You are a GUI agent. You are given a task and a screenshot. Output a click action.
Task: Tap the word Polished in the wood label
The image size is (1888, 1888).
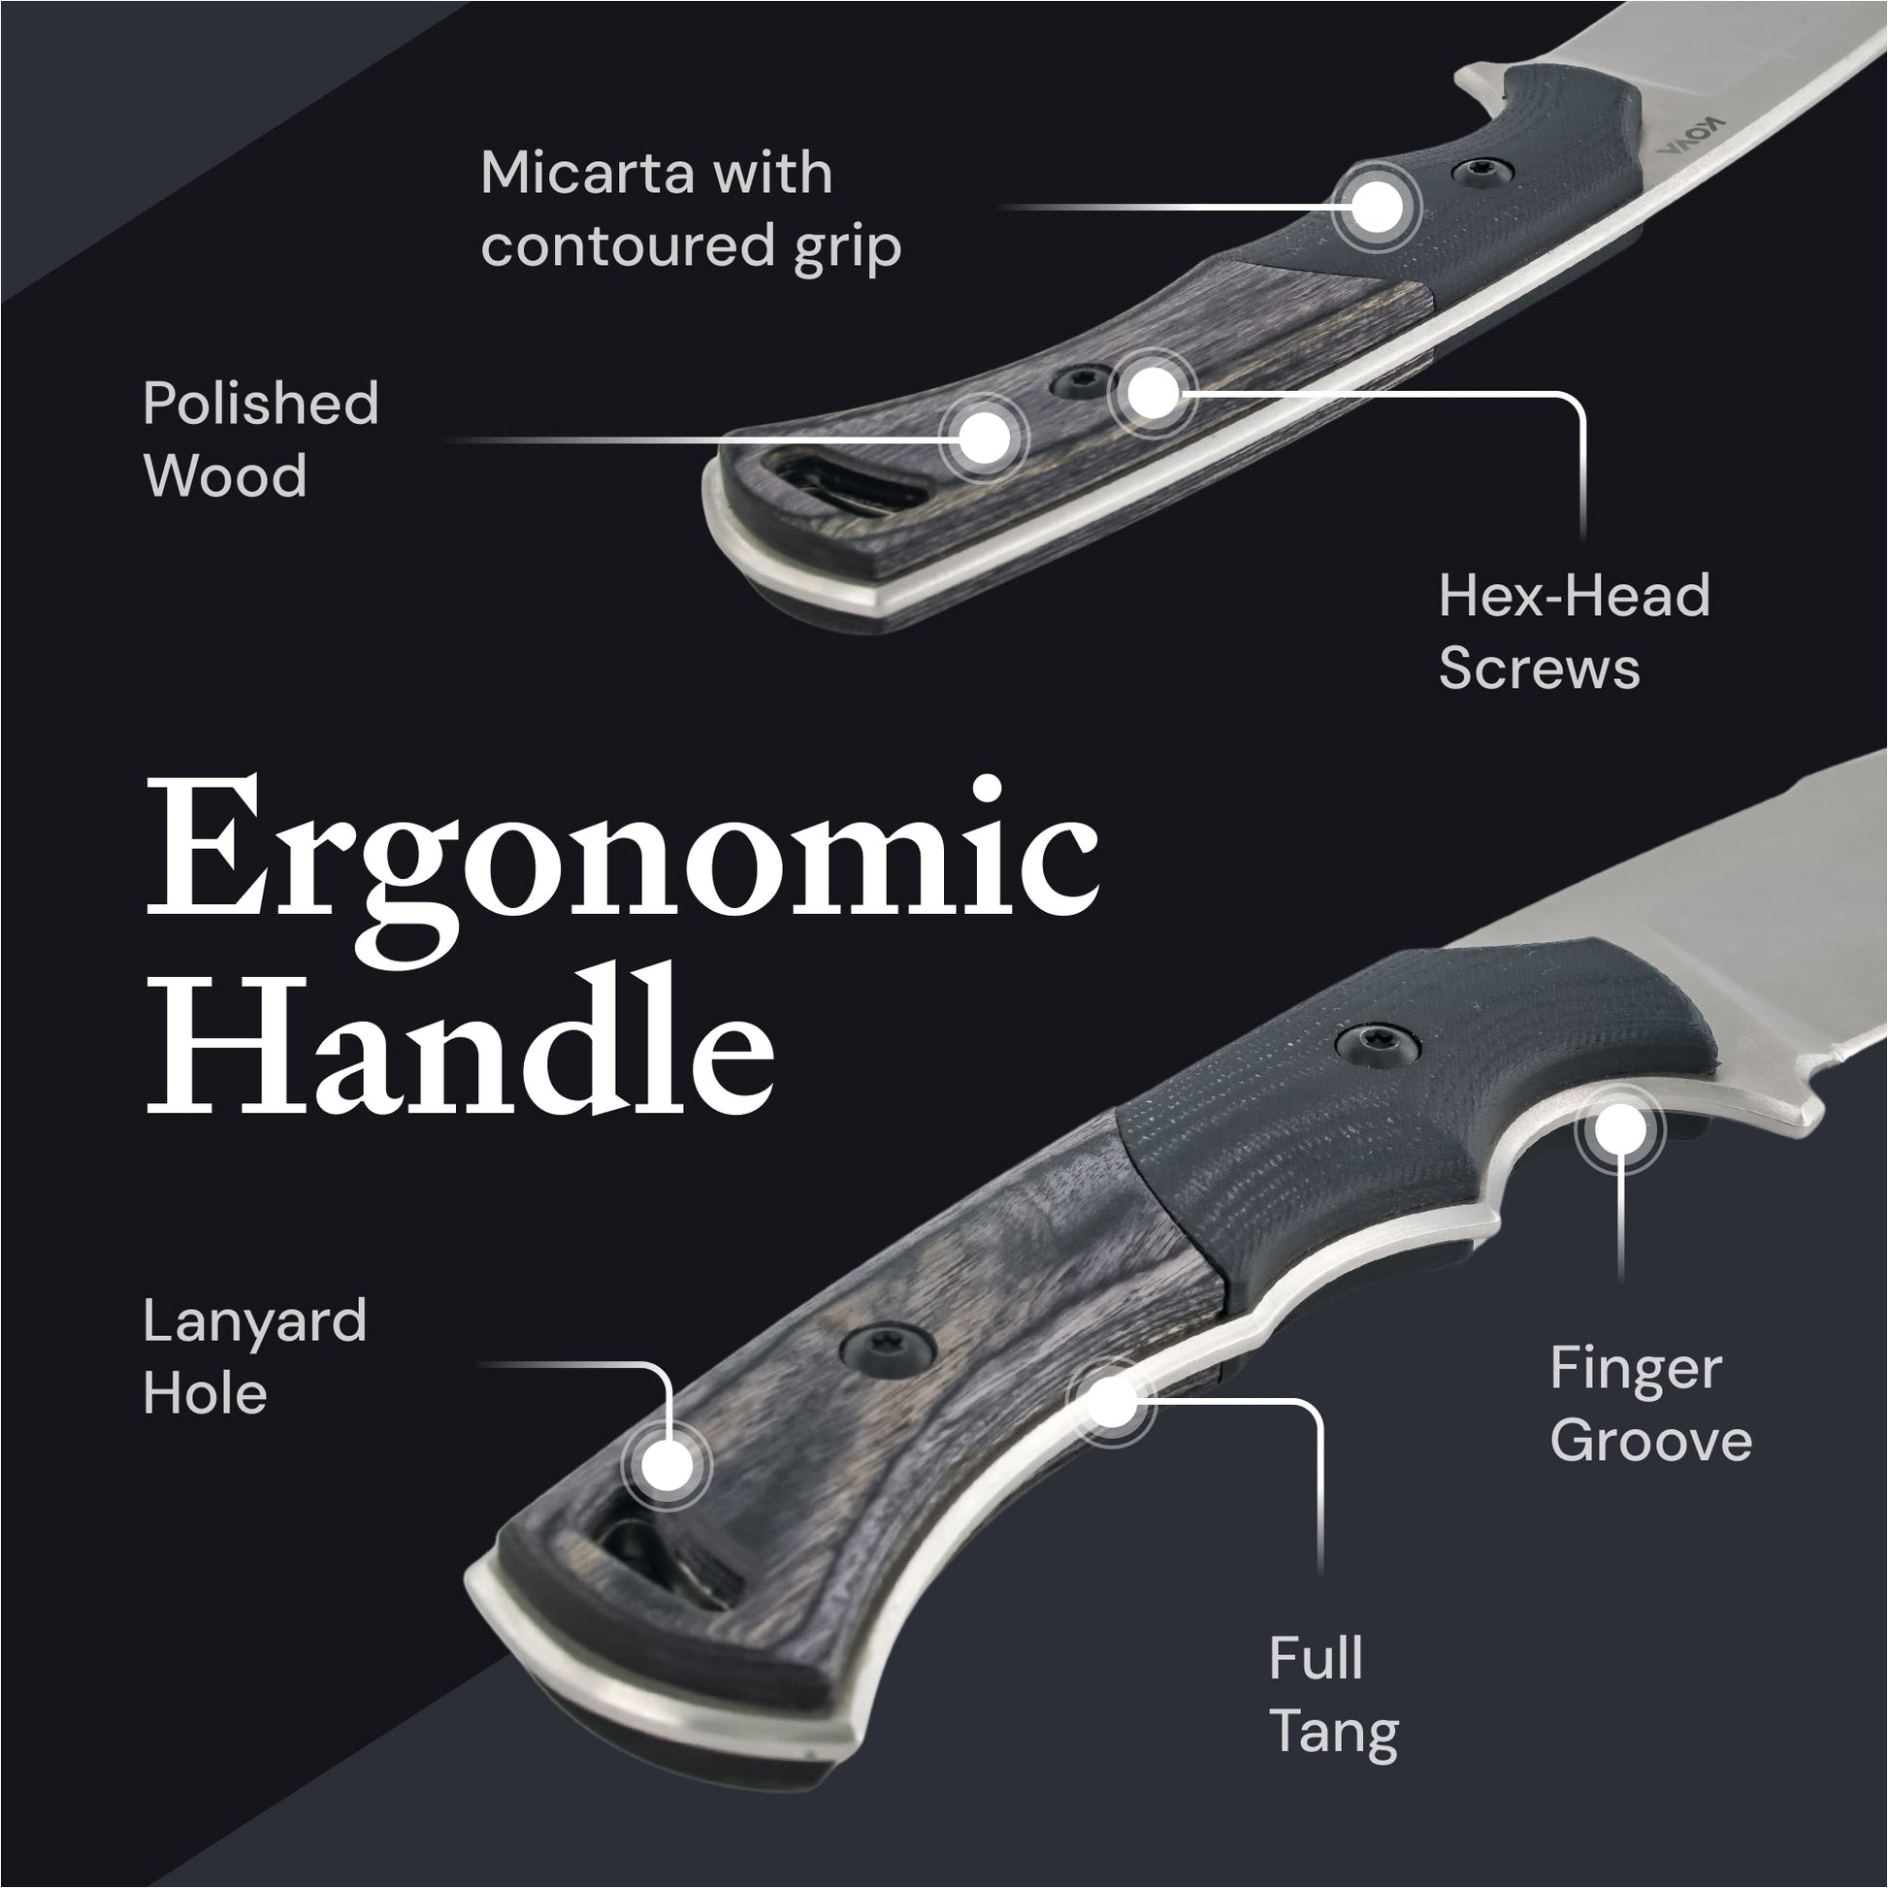coord(260,404)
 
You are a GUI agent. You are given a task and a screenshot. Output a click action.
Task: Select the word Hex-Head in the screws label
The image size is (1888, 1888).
coord(1574,596)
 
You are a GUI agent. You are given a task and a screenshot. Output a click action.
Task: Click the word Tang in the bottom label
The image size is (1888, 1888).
coord(1333,1734)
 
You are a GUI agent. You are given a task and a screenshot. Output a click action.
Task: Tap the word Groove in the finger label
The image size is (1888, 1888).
coord(1650,1442)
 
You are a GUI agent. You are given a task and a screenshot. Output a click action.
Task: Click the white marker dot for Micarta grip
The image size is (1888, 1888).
coord(1376,208)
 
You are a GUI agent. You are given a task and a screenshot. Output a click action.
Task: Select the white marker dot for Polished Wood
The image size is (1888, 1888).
coord(984,437)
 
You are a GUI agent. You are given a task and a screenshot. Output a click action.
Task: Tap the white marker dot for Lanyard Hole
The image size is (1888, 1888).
coord(667,1466)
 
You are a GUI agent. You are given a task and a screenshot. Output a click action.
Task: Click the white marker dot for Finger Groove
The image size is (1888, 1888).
coord(1619,1130)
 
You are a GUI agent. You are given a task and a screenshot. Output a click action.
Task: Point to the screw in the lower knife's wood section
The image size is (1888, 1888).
coord(888,1349)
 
